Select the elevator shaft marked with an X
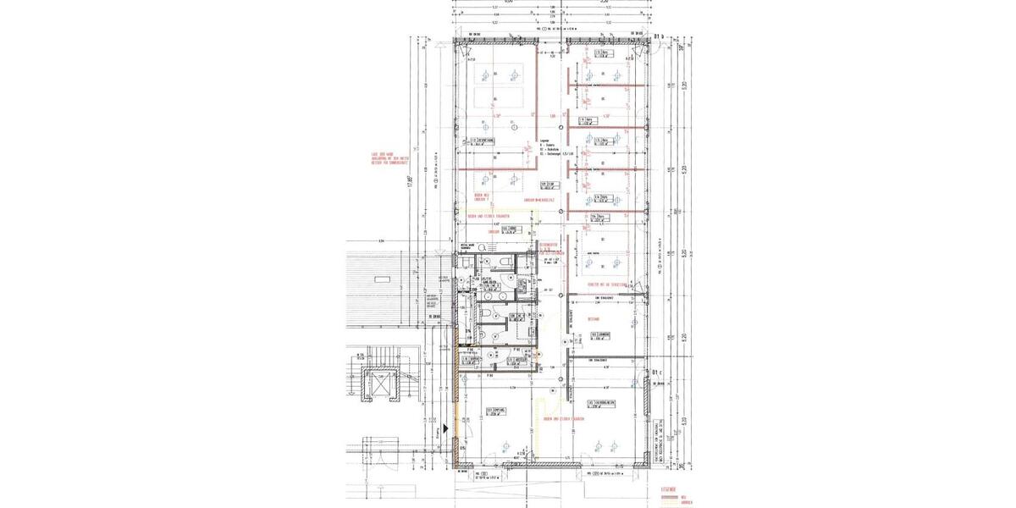pyautogui.click(x=372, y=387)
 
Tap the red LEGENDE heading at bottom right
pyautogui.click(x=669, y=489)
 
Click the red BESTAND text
pyautogui.click(x=594, y=319)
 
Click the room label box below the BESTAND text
pyautogui.click(x=600, y=336)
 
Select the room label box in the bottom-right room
pyautogui.click(x=601, y=404)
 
